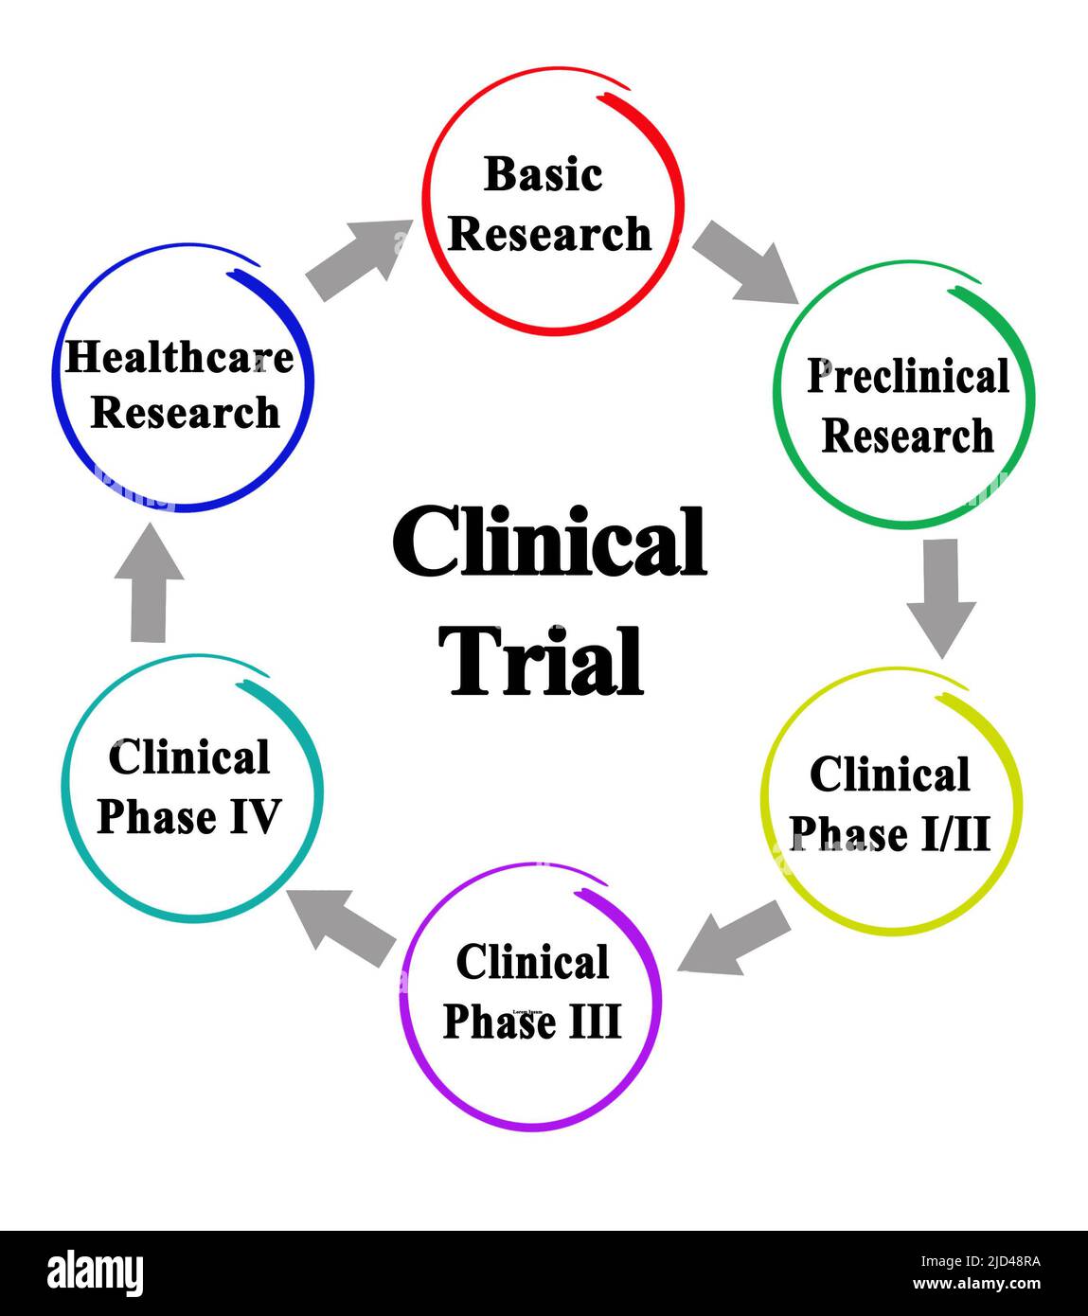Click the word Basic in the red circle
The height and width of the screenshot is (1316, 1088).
[543, 175]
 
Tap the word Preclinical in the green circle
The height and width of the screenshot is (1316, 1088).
[907, 377]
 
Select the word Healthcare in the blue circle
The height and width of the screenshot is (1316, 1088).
[179, 358]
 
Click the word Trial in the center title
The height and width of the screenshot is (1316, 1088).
[545, 662]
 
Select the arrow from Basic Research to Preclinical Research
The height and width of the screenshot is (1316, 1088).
[745, 262]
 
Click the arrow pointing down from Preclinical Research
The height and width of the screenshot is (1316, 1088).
[940, 596]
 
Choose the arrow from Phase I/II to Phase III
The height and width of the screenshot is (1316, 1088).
[735, 938]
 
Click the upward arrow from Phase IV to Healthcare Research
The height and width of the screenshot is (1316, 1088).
[149, 582]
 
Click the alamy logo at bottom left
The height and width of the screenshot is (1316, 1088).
[95, 1273]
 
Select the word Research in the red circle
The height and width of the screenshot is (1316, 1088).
[549, 235]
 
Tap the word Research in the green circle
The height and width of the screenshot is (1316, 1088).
[907, 436]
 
